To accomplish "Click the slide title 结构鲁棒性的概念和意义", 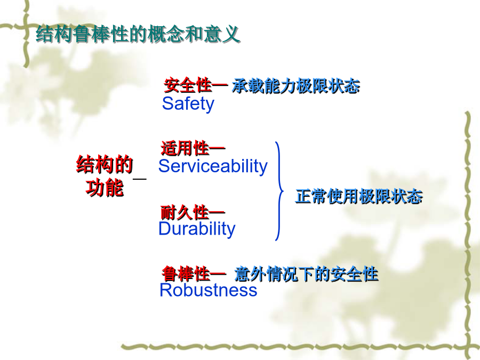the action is tap(138, 34).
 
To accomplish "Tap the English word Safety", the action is tap(188, 104).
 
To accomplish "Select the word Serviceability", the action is tap(213, 166).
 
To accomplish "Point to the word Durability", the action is tap(197, 229).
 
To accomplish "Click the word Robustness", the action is tap(208, 290).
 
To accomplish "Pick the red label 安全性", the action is tap(188, 85).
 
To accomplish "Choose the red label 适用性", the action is tap(185, 148).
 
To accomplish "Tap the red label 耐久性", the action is tap(185, 212).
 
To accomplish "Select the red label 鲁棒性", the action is tap(186, 274).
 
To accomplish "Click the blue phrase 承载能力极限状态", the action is tap(295, 86).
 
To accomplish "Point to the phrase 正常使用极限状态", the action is tap(359, 196).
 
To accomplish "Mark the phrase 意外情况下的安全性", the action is tap(306, 274).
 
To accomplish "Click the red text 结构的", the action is tap(105, 165).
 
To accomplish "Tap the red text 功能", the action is tap(105, 187).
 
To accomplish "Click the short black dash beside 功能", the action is tap(140, 179).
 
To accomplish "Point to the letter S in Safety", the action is tap(168, 103).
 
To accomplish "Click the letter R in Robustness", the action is tap(166, 290).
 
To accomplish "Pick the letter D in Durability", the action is tap(165, 228).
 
